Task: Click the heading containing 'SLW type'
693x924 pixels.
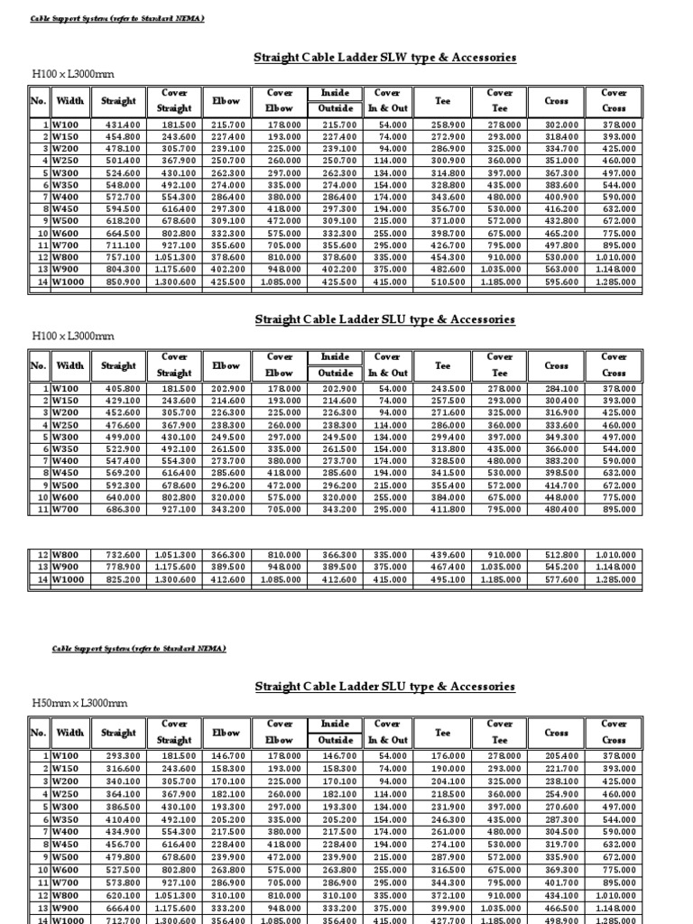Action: click(385, 57)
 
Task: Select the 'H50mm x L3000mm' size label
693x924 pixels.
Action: click(79, 703)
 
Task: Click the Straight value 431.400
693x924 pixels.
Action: click(124, 124)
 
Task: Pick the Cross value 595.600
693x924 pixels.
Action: click(561, 281)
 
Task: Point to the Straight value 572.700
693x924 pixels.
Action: click(124, 196)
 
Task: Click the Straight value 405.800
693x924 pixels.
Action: click(124, 388)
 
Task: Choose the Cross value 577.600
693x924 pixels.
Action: click(561, 580)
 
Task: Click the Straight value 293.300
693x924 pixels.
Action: click(124, 755)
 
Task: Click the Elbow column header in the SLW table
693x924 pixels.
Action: click(226, 101)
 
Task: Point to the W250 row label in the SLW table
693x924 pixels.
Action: click(66, 160)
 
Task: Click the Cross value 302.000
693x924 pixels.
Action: click(561, 124)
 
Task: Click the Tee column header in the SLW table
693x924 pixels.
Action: click(443, 101)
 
